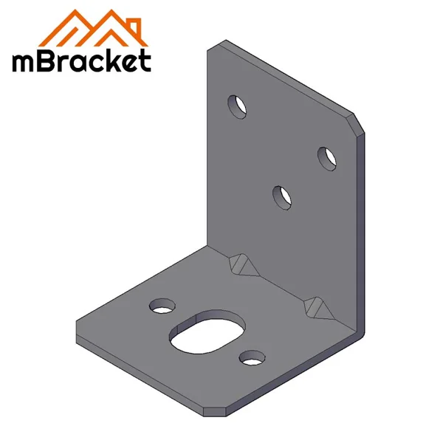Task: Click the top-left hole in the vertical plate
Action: [237, 106]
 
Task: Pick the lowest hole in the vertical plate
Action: [282, 197]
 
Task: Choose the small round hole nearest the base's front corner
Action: [252, 358]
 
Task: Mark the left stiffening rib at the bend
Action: [241, 263]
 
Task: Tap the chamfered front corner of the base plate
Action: [214, 408]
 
